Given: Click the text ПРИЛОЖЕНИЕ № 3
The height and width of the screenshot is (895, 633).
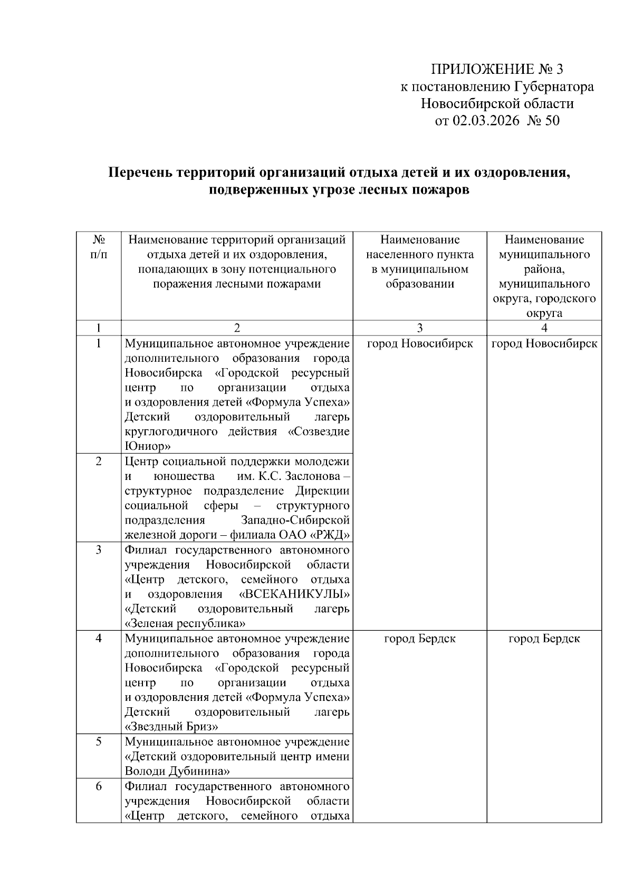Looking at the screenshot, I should [x=497, y=70].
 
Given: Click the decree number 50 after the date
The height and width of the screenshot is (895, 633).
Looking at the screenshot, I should [x=551, y=121].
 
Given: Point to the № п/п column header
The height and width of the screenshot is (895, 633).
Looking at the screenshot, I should [x=99, y=247].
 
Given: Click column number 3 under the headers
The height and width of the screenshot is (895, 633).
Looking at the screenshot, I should [x=419, y=328].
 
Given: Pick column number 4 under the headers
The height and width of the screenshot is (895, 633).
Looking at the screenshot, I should [x=544, y=328].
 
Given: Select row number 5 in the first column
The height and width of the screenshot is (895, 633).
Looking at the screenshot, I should [x=99, y=742].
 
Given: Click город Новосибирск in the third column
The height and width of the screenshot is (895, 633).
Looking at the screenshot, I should [x=419, y=344].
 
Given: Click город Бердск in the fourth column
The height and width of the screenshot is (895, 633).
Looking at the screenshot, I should [x=544, y=639].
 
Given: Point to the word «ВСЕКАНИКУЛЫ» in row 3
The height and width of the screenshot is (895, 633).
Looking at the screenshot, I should [x=294, y=594].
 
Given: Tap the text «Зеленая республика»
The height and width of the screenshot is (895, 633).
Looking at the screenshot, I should [x=185, y=624].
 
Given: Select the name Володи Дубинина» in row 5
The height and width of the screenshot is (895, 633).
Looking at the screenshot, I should [x=177, y=771].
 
